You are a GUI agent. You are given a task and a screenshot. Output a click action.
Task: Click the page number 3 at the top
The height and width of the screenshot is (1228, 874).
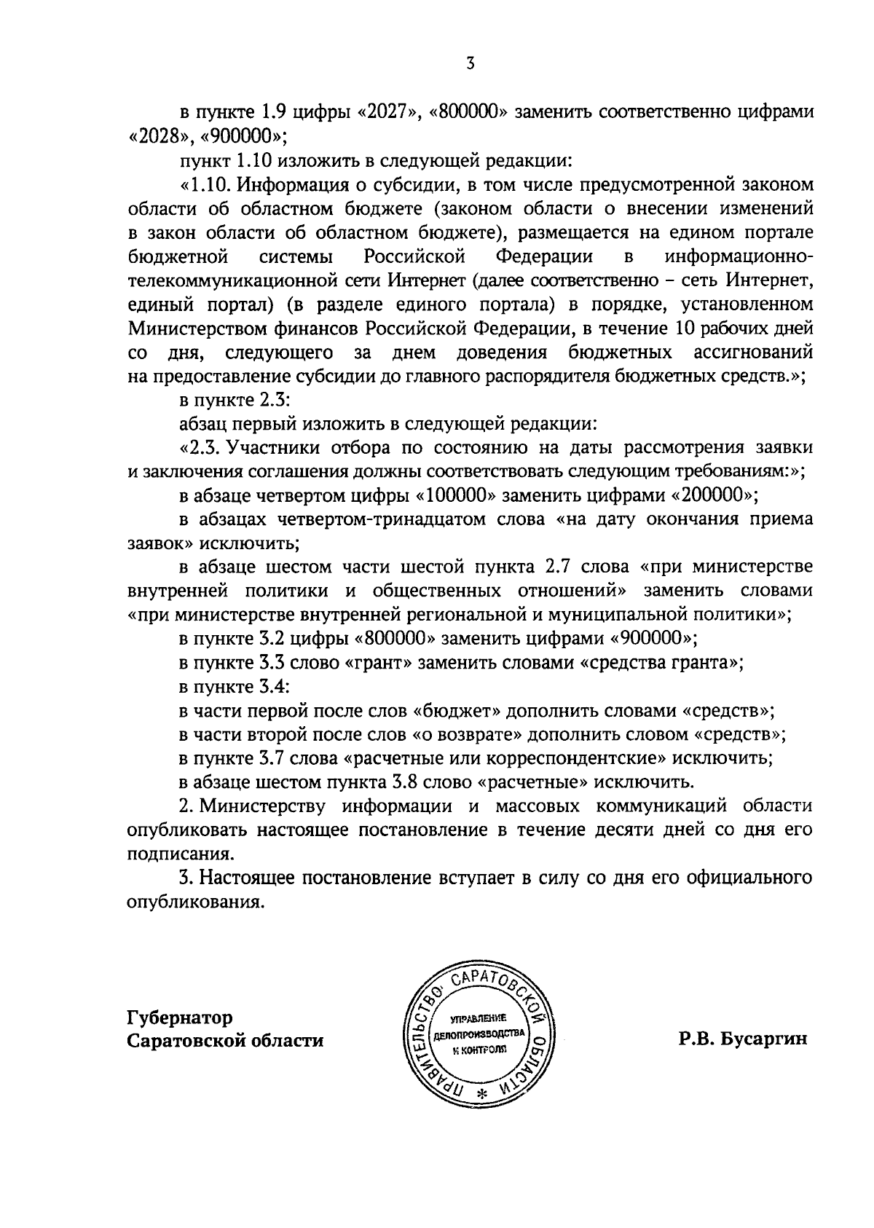point(471,64)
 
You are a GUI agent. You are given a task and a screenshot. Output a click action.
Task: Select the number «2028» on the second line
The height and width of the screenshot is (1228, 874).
point(155,137)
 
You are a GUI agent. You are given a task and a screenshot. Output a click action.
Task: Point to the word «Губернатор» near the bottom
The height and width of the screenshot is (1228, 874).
point(180,1017)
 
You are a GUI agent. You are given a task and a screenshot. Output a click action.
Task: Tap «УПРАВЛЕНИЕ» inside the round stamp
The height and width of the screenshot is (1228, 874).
point(478,1018)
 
